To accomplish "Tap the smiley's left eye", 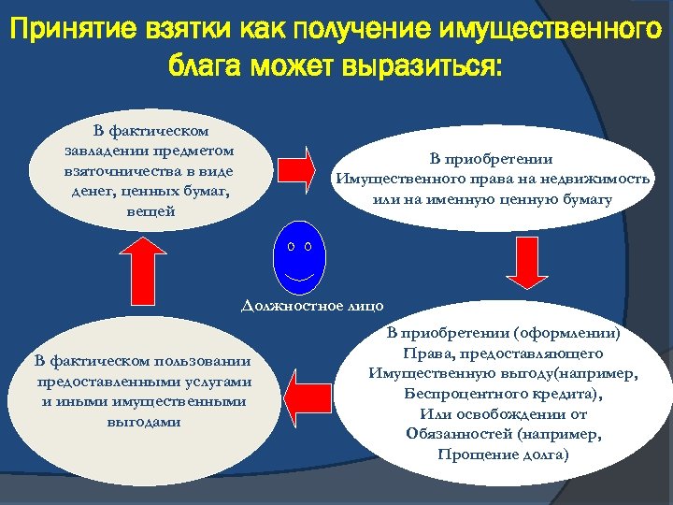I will pyautogui.click(x=291, y=247).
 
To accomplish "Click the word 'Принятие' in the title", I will pyautogui.click(x=70, y=32).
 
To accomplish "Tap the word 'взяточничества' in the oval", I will pyautogui.click(x=109, y=171).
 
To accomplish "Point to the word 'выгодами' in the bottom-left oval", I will pyautogui.click(x=144, y=422).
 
